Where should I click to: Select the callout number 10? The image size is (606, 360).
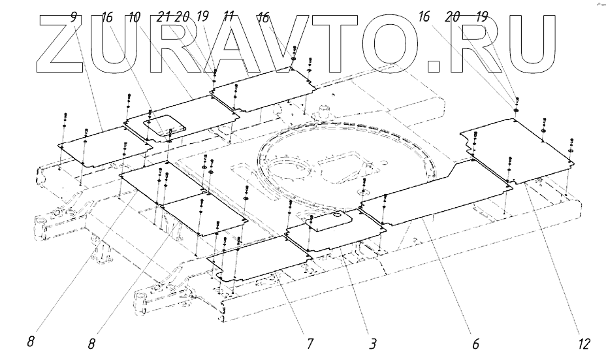(x=135, y=17)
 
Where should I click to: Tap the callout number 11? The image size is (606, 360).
(x=229, y=17)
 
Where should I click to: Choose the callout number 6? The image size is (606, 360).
(x=475, y=342)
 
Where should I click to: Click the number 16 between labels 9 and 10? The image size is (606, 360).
(x=108, y=17)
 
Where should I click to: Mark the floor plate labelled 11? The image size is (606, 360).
(x=261, y=88)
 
